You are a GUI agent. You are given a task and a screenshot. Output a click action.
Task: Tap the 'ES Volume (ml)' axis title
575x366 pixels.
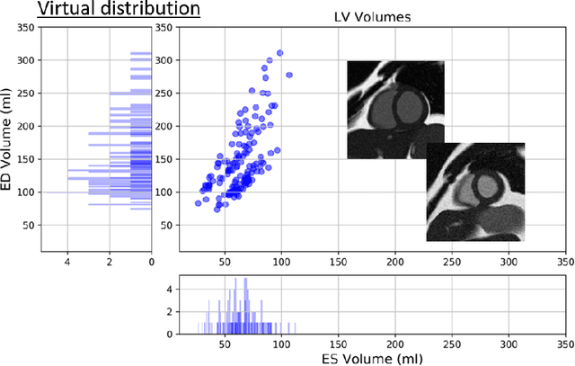pos(369,357)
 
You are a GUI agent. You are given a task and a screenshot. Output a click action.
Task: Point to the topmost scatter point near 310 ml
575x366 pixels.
pos(280,54)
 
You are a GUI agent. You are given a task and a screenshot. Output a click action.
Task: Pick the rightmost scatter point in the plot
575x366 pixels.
pos(289,75)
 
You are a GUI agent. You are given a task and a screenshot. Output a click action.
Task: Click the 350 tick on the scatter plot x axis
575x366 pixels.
pos(564,262)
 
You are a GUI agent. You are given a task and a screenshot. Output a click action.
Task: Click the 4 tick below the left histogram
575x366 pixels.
pos(67,263)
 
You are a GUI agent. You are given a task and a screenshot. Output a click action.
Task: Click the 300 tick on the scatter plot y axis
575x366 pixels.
pos(164,61)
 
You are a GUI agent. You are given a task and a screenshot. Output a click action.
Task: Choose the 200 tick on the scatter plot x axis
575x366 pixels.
pos(394,262)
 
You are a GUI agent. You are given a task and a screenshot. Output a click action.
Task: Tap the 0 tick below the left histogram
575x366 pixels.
pos(151,263)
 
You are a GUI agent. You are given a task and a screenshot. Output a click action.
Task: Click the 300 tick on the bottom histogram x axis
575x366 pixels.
pos(509,344)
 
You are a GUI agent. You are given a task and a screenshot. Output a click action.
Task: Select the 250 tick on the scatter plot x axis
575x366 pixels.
pos(451,262)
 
